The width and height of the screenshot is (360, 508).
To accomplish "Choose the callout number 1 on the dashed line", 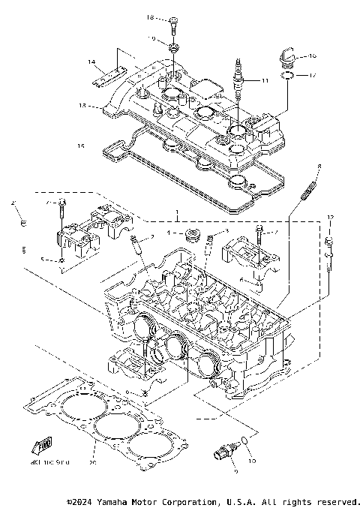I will click(177, 215).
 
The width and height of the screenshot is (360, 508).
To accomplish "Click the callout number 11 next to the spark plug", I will click(264, 80).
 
